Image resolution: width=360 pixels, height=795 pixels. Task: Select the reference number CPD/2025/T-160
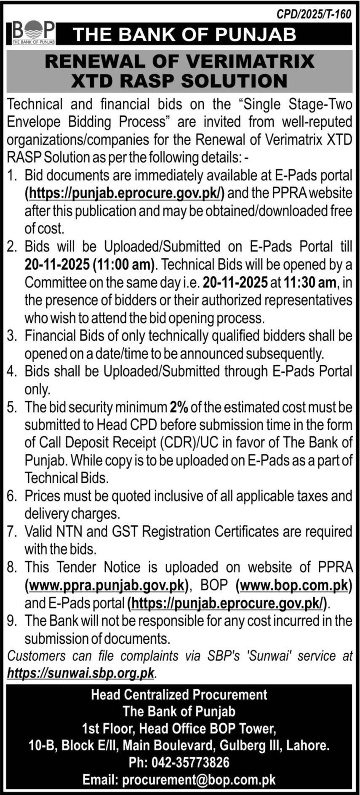click(x=314, y=14)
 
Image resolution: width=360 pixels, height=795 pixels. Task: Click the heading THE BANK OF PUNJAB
click(x=184, y=35)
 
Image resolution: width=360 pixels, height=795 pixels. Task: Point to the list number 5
click(x=12, y=407)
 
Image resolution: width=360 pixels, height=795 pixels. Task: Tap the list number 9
click(x=12, y=621)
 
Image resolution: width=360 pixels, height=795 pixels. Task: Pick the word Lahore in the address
click(x=308, y=745)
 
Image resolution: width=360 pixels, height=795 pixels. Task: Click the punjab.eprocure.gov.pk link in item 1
click(x=125, y=193)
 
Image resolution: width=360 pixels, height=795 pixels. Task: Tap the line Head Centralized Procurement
click(x=179, y=694)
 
